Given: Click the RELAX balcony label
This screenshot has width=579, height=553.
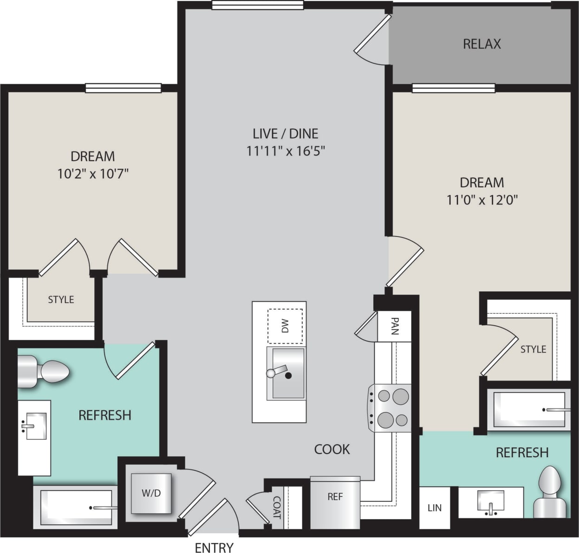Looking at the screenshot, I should pyautogui.click(x=481, y=44).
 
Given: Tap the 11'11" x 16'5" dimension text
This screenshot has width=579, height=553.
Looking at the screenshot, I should pyautogui.click(x=285, y=151).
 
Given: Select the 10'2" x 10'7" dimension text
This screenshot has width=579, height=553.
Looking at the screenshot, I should pyautogui.click(x=92, y=174).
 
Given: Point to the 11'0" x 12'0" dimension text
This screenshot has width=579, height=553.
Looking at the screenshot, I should pyautogui.click(x=481, y=200).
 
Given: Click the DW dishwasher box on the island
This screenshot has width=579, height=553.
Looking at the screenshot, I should pyautogui.click(x=285, y=326).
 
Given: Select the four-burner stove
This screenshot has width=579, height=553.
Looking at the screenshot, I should pyautogui.click(x=390, y=408).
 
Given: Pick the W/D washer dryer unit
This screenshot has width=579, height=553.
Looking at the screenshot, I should pyautogui.click(x=151, y=493).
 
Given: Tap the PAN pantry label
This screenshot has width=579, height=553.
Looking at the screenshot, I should pyautogui.click(x=394, y=326).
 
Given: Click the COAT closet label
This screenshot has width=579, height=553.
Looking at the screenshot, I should pyautogui.click(x=277, y=507).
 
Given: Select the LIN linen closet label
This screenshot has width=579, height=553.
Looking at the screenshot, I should pyautogui.click(x=434, y=508).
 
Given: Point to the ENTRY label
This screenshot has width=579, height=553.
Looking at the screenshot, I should pyautogui.click(x=214, y=547).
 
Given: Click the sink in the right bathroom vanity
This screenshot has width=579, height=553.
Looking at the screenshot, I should pyautogui.click(x=491, y=502).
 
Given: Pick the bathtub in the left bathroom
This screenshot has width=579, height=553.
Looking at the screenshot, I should pyautogui.click(x=74, y=507).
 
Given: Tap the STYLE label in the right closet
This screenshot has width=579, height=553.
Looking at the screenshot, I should pyautogui.click(x=533, y=349).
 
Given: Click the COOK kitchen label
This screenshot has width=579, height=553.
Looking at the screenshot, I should pyautogui.click(x=332, y=449).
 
